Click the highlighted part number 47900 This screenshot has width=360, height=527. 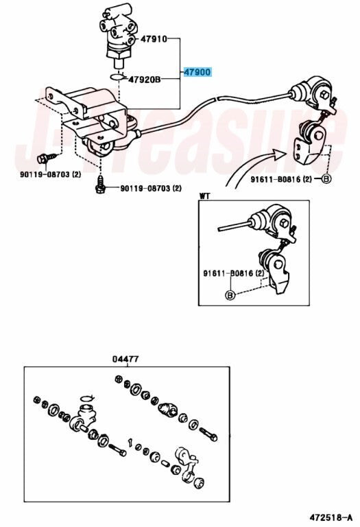197,72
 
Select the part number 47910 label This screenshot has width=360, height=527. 154,39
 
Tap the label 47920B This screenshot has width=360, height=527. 145,80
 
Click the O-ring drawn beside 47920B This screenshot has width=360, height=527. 117,77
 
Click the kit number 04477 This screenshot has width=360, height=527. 125,360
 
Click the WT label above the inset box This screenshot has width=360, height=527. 204,196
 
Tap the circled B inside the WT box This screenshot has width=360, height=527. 230,295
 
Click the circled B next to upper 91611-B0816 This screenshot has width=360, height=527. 326,179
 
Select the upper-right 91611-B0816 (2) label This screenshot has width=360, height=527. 281,180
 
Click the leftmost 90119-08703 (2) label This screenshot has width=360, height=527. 50,174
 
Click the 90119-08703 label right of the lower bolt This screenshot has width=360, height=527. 151,188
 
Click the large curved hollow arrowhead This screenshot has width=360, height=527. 278,155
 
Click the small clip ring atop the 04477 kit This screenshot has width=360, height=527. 87,398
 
